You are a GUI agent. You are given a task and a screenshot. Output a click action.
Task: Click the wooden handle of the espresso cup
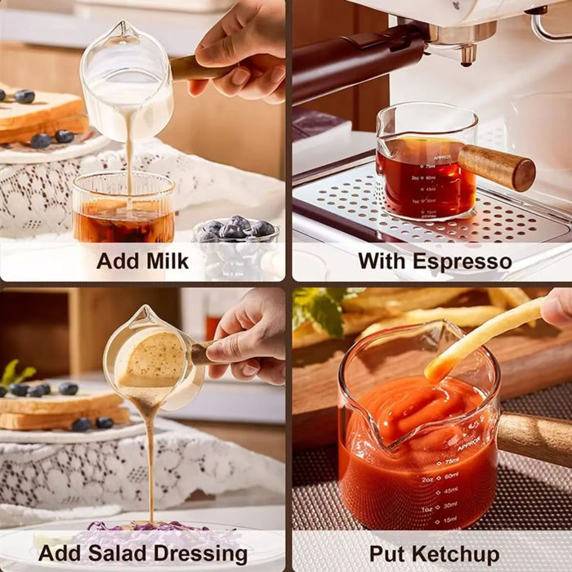(x=497, y=167)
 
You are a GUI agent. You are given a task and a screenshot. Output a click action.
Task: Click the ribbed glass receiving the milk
(x=123, y=208)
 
